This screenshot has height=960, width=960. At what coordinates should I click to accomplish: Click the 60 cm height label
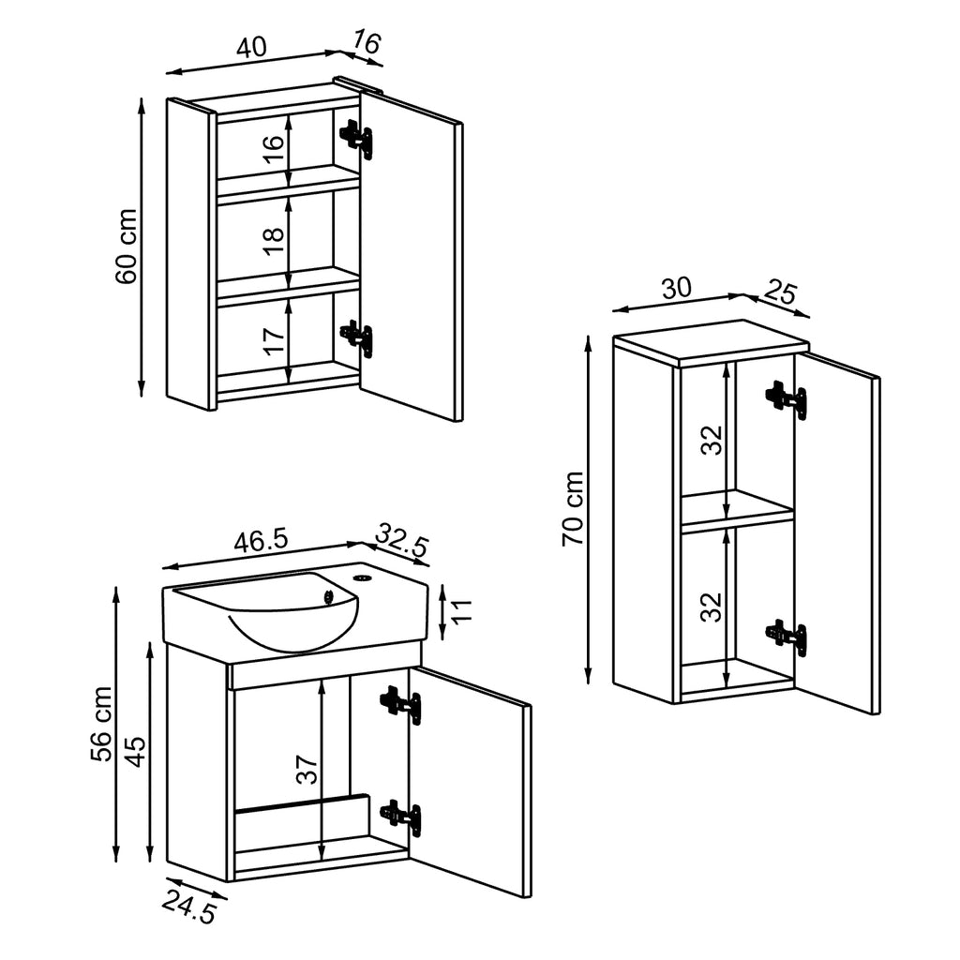(127, 246)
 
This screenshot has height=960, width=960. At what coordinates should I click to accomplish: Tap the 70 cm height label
(573, 509)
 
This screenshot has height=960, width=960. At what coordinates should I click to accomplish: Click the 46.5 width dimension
(261, 541)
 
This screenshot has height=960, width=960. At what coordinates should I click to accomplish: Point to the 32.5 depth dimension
(402, 541)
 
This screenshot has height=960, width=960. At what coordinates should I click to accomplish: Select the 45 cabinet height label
(136, 751)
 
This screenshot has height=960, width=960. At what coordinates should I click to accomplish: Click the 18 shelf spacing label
(273, 234)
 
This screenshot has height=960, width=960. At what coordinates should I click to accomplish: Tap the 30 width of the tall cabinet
(676, 288)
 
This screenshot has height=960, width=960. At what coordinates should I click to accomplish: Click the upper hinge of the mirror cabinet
(356, 137)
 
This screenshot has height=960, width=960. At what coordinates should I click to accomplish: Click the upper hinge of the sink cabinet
(400, 703)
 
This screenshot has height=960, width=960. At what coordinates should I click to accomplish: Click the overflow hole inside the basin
(329, 593)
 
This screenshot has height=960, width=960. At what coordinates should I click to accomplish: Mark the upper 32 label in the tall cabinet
(714, 439)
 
